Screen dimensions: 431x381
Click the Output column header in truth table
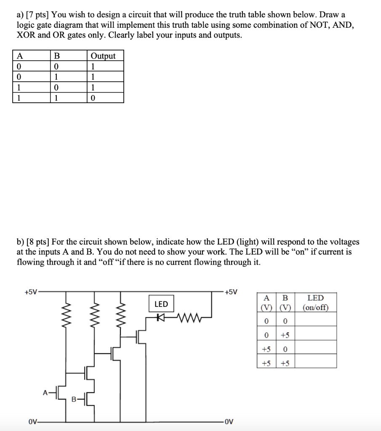pyautogui.click(x=103, y=56)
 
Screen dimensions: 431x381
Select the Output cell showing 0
pyautogui.click(x=93, y=98)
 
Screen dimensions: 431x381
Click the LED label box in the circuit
pyautogui.click(x=161, y=304)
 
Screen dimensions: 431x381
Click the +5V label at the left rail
pyautogui.click(x=31, y=291)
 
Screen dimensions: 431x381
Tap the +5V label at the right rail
pyautogui.click(x=231, y=291)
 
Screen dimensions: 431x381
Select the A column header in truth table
pyautogui.click(x=19, y=56)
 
